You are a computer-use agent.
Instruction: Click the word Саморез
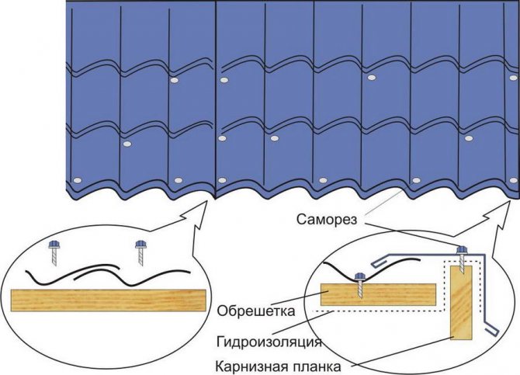pos(327,220)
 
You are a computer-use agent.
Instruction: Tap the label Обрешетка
pos(255,311)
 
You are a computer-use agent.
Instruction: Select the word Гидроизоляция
pos(269,342)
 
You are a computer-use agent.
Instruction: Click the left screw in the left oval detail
pos(54,253)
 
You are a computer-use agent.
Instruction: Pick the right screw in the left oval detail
pos(141,253)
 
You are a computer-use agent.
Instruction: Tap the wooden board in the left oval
pos(108,300)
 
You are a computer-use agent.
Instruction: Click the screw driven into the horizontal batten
pos(360,284)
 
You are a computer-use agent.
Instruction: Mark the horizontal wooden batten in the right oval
pos(379,294)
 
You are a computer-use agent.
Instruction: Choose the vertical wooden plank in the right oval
pos(461,303)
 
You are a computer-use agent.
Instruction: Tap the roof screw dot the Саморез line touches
pos(416,181)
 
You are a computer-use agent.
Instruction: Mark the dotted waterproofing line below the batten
pos(380,311)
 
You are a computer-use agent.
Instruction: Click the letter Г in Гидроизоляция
pos(220,342)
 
